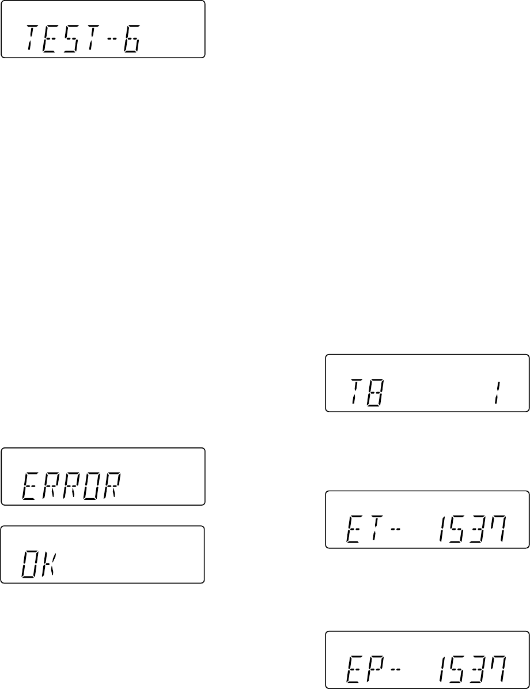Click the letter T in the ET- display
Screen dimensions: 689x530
click(x=374, y=529)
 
